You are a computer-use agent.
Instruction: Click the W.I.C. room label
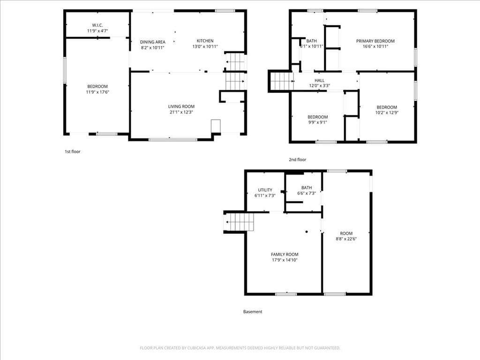[97, 25]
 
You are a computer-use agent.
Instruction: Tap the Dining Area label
[152, 42]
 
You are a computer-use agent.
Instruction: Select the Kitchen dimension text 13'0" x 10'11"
[205, 46]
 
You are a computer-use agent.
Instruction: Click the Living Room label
[181, 106]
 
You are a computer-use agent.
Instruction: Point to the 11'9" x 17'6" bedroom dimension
[97, 92]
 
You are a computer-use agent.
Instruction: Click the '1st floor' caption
[73, 151]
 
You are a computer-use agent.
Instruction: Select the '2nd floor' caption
[298, 159]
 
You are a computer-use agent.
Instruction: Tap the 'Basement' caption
[253, 312]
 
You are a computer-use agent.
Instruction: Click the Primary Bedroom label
[375, 41]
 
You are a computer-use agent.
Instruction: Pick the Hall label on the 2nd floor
[319, 80]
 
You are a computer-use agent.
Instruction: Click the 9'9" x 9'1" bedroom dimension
[317, 122]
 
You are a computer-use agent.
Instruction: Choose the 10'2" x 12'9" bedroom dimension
[387, 112]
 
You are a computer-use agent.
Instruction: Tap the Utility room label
[265, 190]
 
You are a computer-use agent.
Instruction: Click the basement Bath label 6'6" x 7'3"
[307, 190]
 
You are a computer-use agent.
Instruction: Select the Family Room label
[285, 255]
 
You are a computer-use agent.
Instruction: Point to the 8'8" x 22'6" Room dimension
[346, 239]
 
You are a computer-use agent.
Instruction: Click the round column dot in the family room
[307, 232]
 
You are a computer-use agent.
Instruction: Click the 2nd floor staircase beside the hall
[282, 82]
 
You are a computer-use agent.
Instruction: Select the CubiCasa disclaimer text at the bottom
[240, 348]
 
